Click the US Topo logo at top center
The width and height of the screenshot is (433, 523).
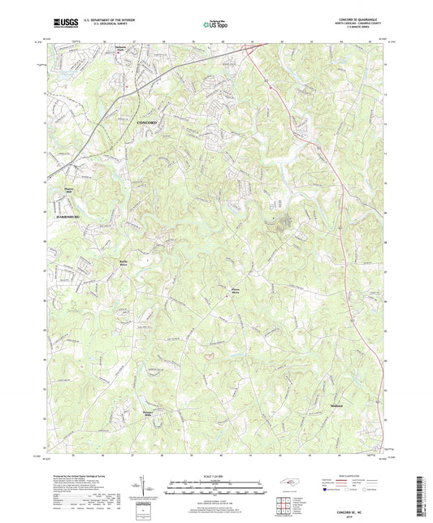pyautogui.click(x=213, y=25)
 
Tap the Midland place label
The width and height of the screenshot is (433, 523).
pyautogui.click(x=336, y=404)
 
